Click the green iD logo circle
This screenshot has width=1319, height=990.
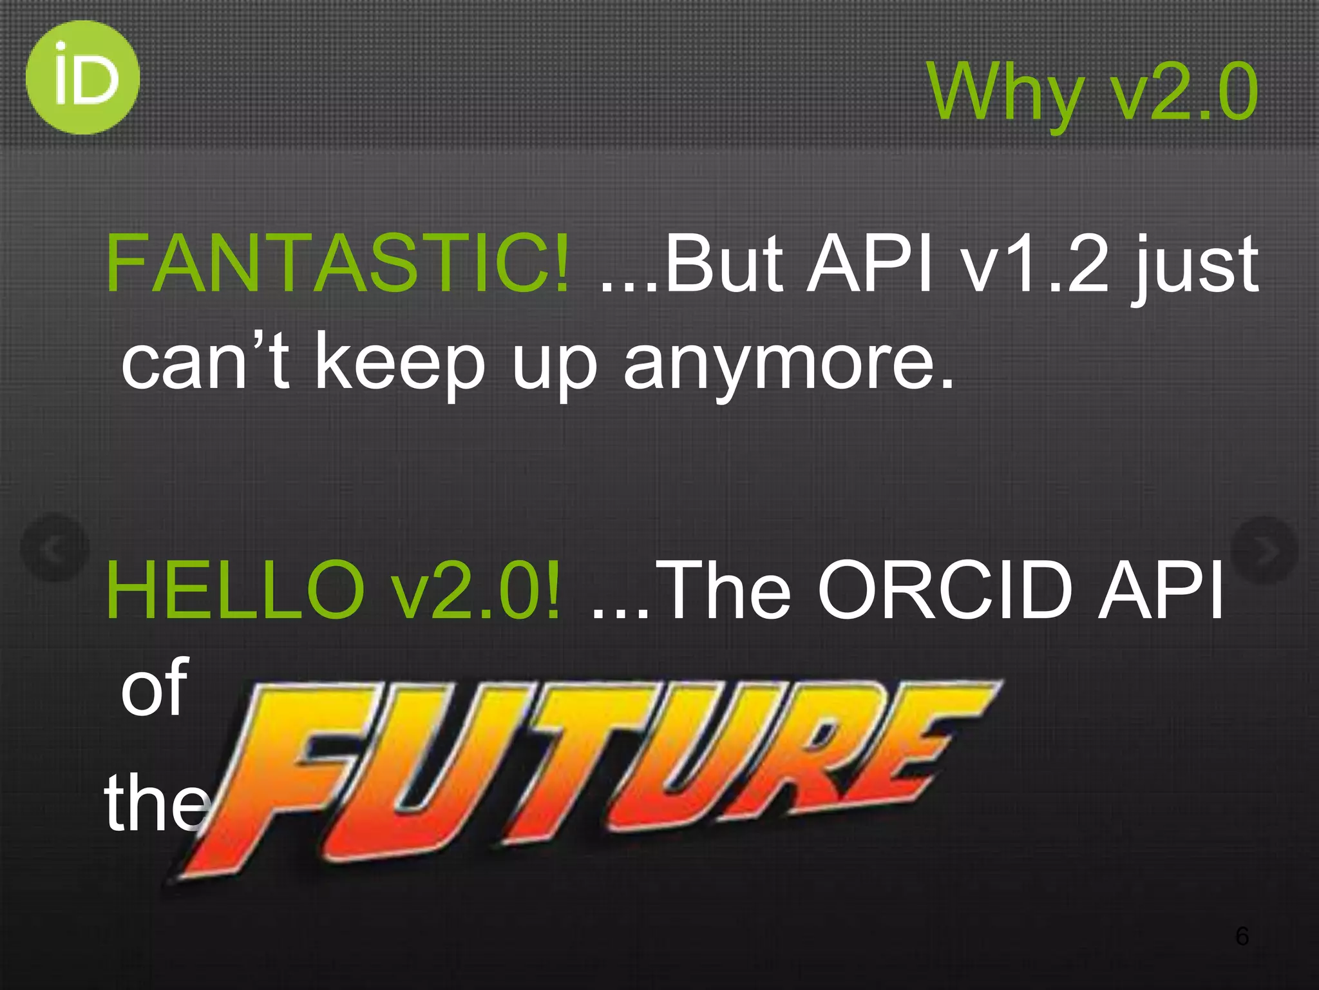82,77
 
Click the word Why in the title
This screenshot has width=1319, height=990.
1005,93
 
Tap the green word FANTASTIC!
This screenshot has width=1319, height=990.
337,263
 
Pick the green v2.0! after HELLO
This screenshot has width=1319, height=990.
477,590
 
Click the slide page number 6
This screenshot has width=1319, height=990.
1242,935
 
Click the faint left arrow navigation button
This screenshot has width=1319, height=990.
55,548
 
